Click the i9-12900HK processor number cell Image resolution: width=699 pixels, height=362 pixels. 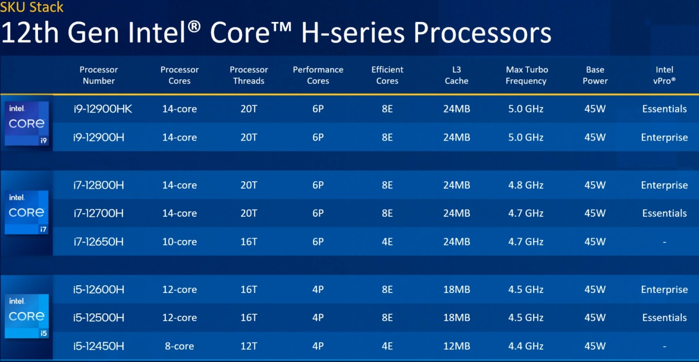pos(102,109)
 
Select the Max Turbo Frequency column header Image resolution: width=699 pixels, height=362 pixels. pos(526,75)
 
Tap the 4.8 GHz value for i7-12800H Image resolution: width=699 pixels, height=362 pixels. pos(526,185)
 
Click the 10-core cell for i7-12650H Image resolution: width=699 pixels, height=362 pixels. pos(180,241)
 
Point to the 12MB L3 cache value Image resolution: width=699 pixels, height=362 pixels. pos(456,346)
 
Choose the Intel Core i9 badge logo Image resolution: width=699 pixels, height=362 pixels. pos(27,124)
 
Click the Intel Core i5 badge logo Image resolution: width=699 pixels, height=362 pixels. pos(27,316)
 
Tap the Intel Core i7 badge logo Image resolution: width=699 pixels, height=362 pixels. pos(27,212)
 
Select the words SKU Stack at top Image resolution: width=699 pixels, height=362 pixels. pos(32,7)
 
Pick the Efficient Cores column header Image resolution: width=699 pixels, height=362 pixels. pos(387,75)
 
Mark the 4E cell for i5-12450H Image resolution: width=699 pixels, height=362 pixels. pos(387,346)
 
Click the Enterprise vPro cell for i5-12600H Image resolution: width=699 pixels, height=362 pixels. pos(664,290)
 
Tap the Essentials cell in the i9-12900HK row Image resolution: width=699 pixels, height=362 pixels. pos(664,109)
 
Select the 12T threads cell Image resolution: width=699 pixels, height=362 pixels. pos(249,346)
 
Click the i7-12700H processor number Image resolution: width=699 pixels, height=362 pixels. pos(99,213)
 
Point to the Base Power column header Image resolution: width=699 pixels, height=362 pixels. pos(595,75)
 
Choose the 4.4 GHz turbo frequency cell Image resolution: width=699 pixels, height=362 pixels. pos(526,346)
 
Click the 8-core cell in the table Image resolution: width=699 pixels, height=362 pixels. pos(180,346)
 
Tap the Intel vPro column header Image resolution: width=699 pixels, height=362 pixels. pos(664,75)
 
